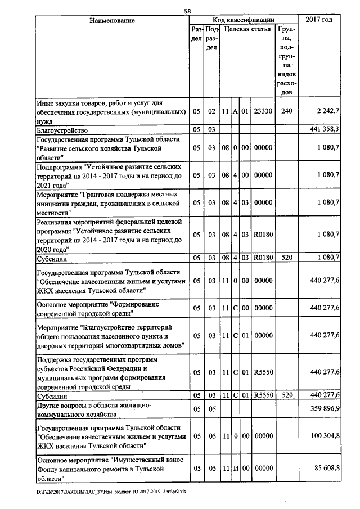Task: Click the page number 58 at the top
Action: coord(187,10)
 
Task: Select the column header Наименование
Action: coord(112,20)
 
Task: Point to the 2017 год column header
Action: coord(319,20)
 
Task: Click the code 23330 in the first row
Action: coord(263,111)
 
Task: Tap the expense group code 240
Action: coord(286,111)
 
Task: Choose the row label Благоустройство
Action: coord(60,130)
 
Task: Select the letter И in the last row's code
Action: coord(236,468)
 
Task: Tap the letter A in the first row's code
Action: coord(236,111)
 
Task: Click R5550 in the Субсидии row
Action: coord(263,395)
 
